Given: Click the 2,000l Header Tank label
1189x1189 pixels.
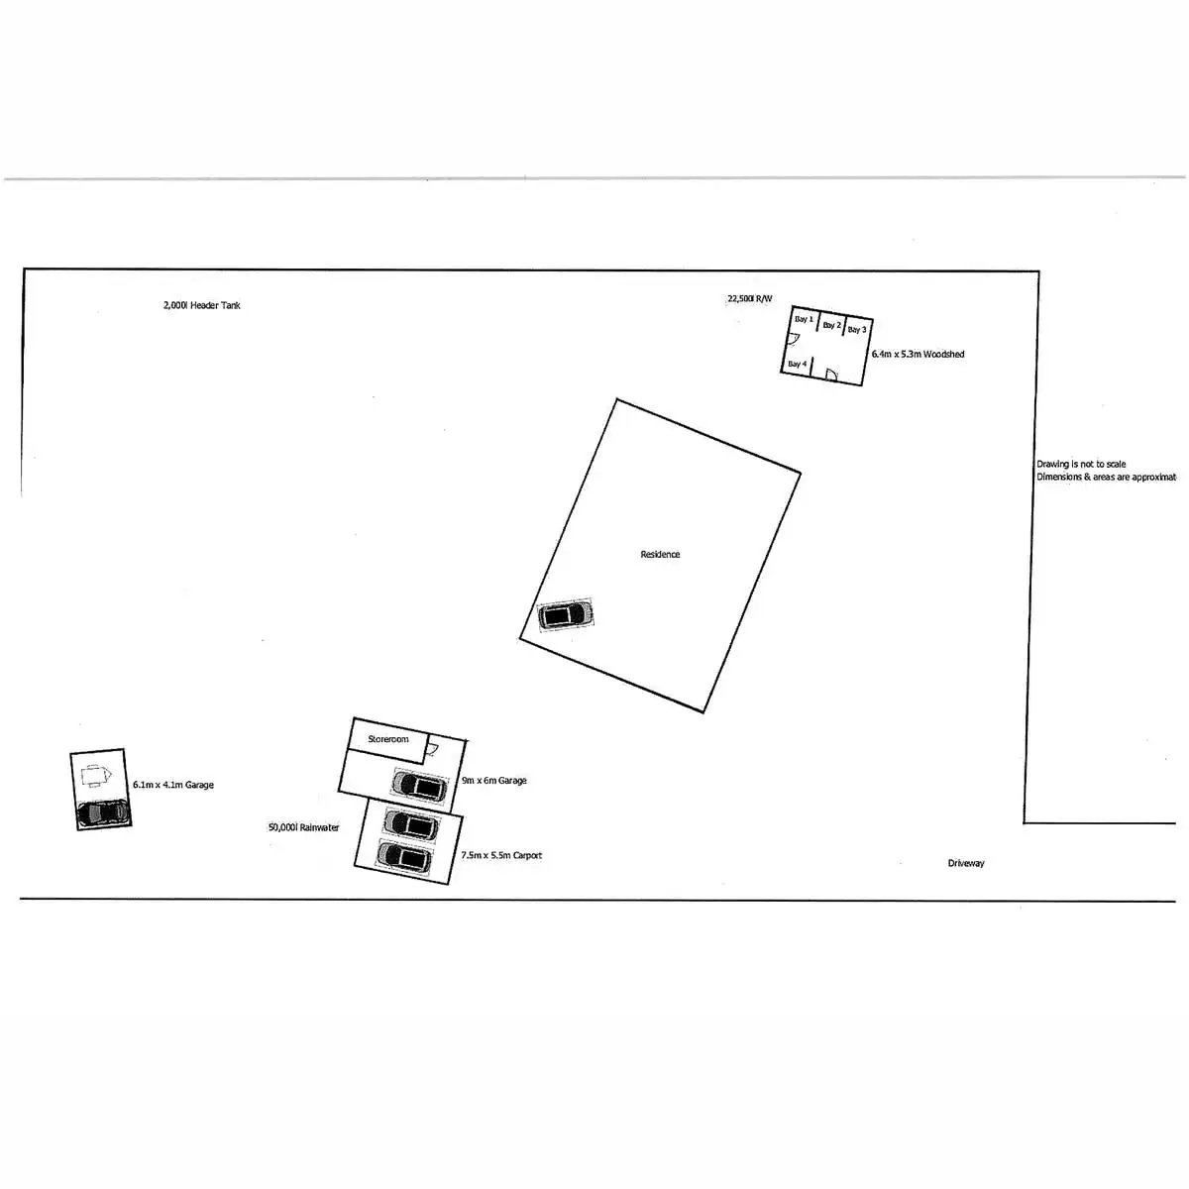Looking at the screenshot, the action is pos(201,305).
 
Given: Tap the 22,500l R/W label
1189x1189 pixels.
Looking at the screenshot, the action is pos(749,298).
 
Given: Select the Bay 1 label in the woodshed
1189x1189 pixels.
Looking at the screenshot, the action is pos(803,320).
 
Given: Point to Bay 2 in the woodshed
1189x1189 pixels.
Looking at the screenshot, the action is pos(831,325).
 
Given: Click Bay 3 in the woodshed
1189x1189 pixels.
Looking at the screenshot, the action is pos(857,330).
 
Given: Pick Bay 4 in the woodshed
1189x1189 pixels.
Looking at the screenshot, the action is pos(797,365).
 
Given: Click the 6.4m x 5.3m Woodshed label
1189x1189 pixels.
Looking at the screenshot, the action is pos(918,354).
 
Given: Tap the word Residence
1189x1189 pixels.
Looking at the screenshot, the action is pos(660,555).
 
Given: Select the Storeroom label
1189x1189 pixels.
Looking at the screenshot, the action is pos(387,740).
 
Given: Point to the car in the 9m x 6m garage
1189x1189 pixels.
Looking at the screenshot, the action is pos(419,787).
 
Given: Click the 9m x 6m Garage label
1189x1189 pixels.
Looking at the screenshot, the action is pos(493,781).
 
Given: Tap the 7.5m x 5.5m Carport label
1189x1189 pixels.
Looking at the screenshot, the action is pos(501,855).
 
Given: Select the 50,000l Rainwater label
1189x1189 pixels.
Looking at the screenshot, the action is pos(303,827).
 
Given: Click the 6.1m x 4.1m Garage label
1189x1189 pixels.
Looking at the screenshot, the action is pos(173,785).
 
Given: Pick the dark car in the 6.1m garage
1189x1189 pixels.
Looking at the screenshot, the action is pos(103,812).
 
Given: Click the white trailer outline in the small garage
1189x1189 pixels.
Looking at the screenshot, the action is pos(95,776).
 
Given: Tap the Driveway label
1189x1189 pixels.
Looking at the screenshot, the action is pos(966,864).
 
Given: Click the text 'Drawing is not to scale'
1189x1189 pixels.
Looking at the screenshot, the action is pos(1081,464).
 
